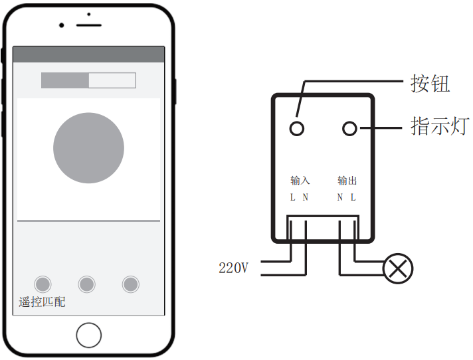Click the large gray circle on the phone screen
click(x=89, y=147)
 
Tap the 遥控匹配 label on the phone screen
click(x=42, y=302)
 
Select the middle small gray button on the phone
click(x=87, y=284)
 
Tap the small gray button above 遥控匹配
click(x=43, y=284)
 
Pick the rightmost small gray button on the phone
click(x=131, y=284)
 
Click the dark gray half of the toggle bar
click(x=65, y=80)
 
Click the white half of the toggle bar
click(x=112, y=80)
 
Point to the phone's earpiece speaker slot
click(x=89, y=25)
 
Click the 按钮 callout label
click(x=430, y=83)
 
